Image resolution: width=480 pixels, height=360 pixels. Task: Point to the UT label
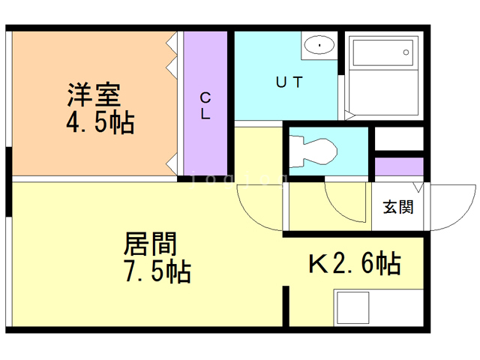(289, 83)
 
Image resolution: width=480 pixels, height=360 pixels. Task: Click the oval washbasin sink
(322, 46)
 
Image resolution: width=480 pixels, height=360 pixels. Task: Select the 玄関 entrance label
(398, 207)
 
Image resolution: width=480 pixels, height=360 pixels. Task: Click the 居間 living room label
(149, 244)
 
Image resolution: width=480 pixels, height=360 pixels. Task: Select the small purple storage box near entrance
(398, 167)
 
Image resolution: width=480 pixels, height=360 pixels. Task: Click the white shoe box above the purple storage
(398, 139)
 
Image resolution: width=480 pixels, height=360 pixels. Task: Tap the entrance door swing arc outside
(449, 206)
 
